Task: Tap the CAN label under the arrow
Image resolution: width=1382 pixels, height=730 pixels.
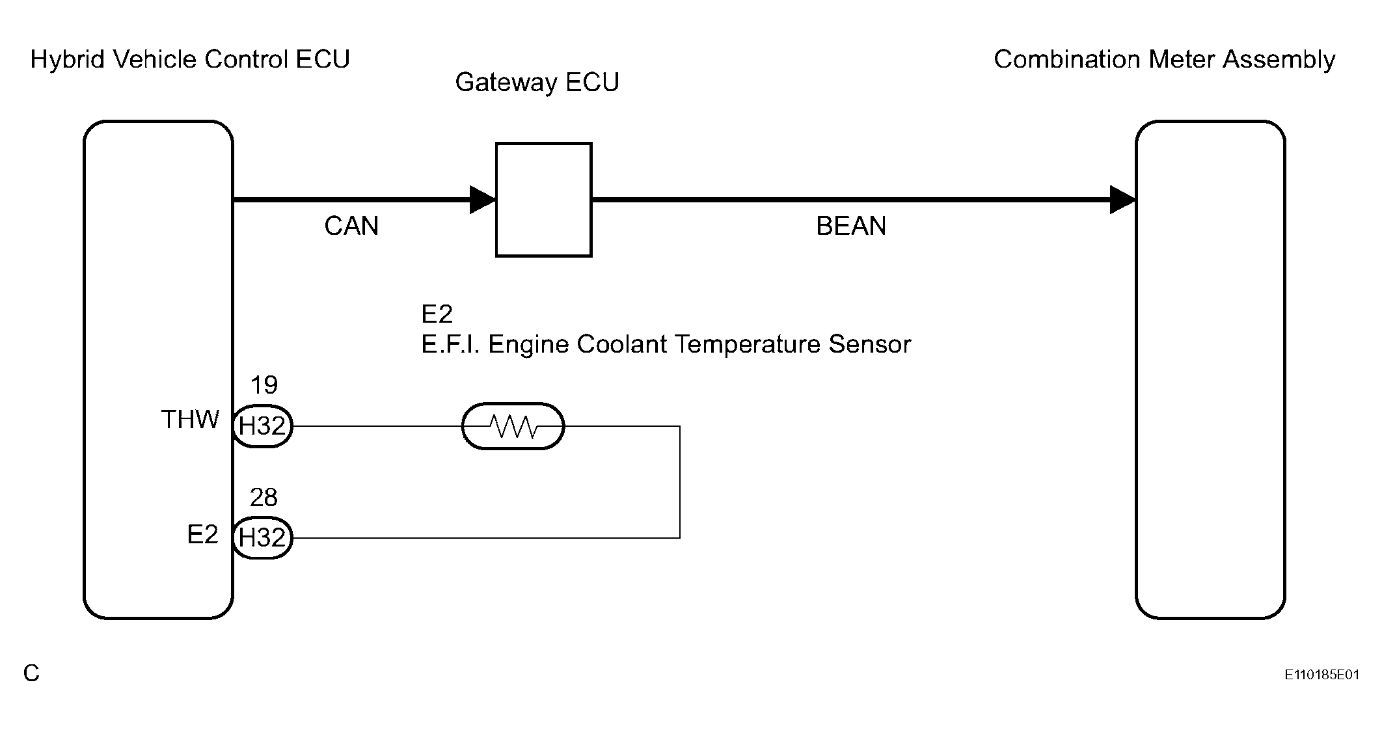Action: (x=351, y=226)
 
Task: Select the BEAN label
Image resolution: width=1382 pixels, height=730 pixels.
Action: (x=851, y=226)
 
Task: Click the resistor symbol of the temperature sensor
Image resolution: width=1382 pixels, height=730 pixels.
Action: (x=513, y=426)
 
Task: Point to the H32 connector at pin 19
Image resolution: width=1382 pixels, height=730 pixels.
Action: (x=262, y=426)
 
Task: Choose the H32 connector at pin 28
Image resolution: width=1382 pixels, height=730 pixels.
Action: (x=262, y=538)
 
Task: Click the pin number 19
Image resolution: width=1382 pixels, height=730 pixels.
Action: (x=264, y=385)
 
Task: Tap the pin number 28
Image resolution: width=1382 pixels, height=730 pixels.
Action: (x=264, y=498)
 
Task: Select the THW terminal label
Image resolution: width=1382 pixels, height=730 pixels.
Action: (x=190, y=420)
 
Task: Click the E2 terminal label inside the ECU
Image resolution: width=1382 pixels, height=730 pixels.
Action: (x=202, y=535)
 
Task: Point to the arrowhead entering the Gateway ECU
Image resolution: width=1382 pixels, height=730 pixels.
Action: (x=483, y=200)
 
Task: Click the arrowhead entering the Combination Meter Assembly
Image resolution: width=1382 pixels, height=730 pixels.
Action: (x=1123, y=200)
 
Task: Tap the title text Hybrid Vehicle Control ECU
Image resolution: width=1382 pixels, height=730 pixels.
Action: (x=190, y=59)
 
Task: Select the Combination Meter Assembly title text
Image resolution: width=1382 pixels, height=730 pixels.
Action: (x=1165, y=59)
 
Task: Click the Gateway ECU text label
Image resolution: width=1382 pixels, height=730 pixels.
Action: (x=537, y=82)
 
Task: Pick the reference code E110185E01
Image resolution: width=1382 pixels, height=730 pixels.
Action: (x=1321, y=675)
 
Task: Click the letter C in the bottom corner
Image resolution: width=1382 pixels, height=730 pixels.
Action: (x=31, y=673)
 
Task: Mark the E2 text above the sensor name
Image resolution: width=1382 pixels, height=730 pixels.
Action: (x=437, y=314)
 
